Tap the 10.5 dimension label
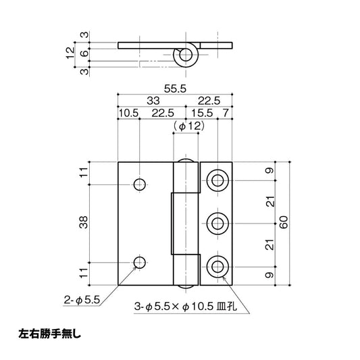click(x=128, y=112)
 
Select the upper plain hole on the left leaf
click(x=140, y=184)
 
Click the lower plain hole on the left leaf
click(x=140, y=263)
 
